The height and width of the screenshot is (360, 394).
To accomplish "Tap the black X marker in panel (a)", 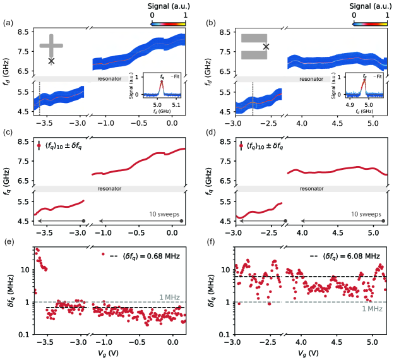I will coord(51,61).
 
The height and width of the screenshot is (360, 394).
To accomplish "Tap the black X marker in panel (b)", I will coord(266,47).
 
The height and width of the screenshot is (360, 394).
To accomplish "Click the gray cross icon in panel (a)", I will coord(52,45).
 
